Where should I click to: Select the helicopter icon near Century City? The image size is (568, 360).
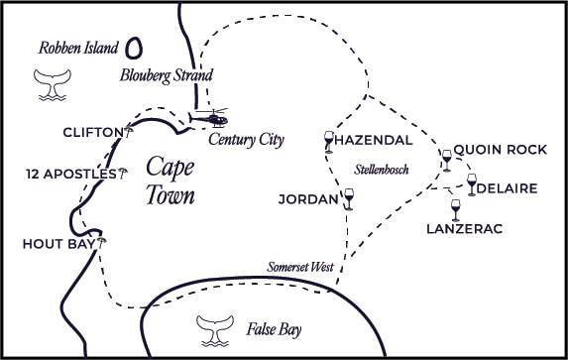(x=209, y=118)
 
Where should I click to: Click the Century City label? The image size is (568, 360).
(x=246, y=140)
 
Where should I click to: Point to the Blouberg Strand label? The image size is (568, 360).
(x=166, y=74)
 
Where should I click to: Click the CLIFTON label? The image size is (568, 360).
(x=90, y=133)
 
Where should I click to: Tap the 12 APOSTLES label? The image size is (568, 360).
(x=71, y=175)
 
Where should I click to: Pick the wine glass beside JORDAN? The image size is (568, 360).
(x=348, y=200)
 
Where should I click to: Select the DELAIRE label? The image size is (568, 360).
(x=507, y=188)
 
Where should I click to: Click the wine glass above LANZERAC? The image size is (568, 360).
(x=455, y=210)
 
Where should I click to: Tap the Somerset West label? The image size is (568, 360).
(x=300, y=269)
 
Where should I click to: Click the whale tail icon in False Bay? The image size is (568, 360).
(x=213, y=329)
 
